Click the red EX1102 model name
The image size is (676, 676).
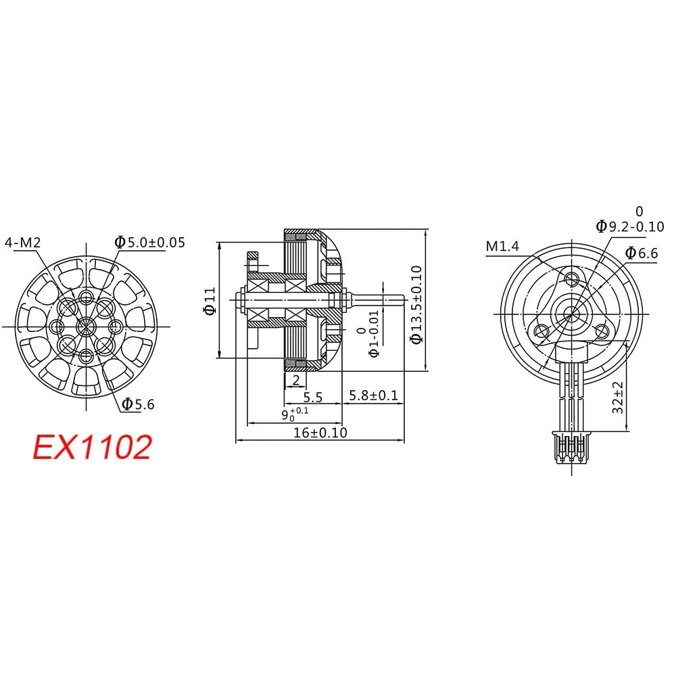[x=93, y=448]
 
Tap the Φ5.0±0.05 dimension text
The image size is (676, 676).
[x=149, y=242]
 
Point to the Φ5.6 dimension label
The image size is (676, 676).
[x=139, y=404]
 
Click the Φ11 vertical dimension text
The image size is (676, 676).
[x=210, y=300]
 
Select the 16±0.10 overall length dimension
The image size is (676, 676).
[x=320, y=432]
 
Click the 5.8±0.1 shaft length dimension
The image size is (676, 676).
[x=372, y=396]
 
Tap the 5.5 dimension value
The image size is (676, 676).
[x=312, y=397]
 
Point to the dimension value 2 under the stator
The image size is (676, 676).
[x=295, y=380]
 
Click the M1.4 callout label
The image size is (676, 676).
[x=502, y=247]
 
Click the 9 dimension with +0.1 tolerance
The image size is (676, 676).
[x=295, y=414]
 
